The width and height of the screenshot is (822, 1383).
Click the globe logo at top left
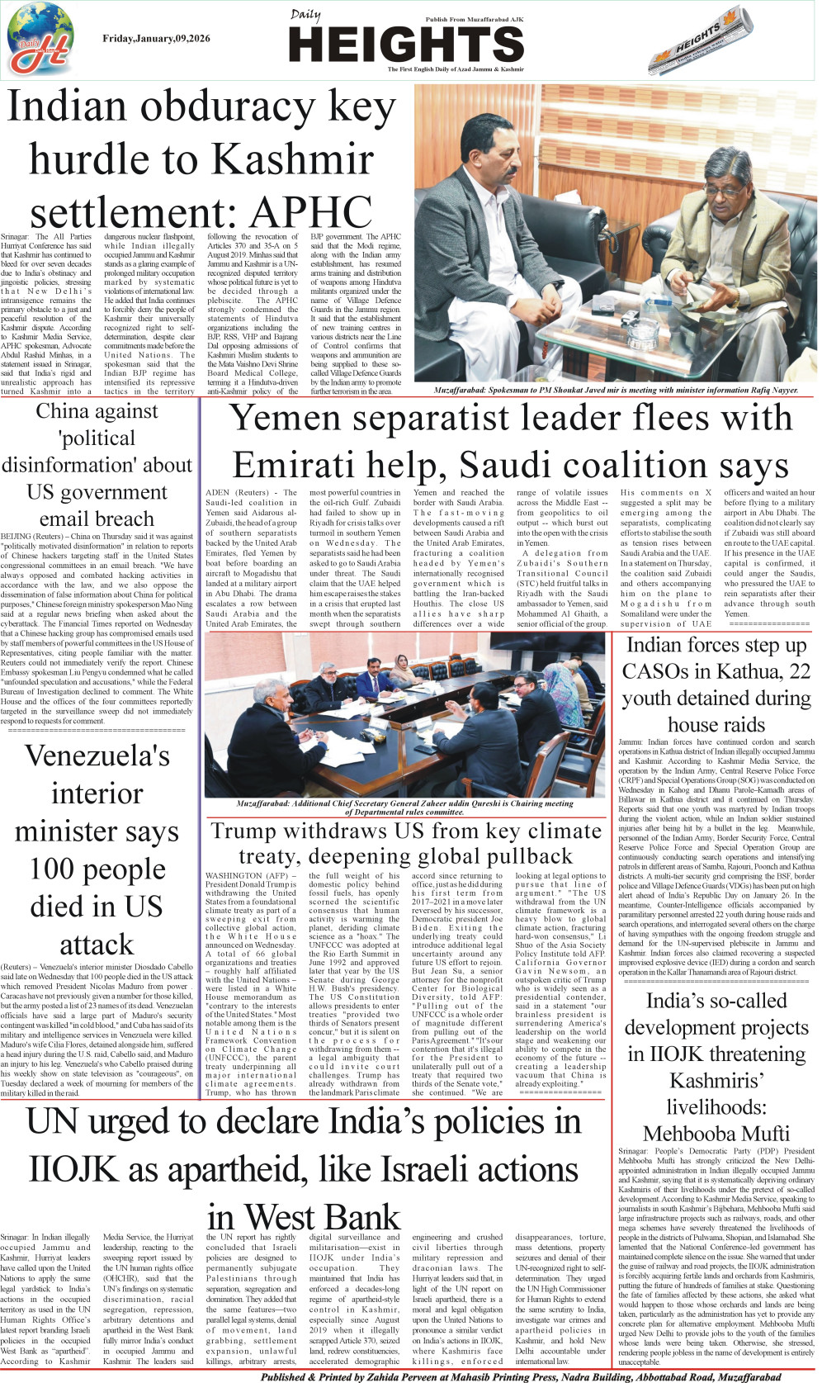(40, 39)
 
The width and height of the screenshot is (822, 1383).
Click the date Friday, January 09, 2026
(156, 39)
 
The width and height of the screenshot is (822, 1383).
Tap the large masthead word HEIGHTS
(408, 44)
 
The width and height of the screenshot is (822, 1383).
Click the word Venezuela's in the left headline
(97, 755)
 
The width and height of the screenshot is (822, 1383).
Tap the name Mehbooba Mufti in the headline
(716, 1134)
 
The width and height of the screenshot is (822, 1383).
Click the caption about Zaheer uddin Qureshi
(404, 807)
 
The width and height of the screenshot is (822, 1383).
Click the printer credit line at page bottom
(520, 1376)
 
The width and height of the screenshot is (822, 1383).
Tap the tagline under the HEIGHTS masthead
(456, 69)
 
